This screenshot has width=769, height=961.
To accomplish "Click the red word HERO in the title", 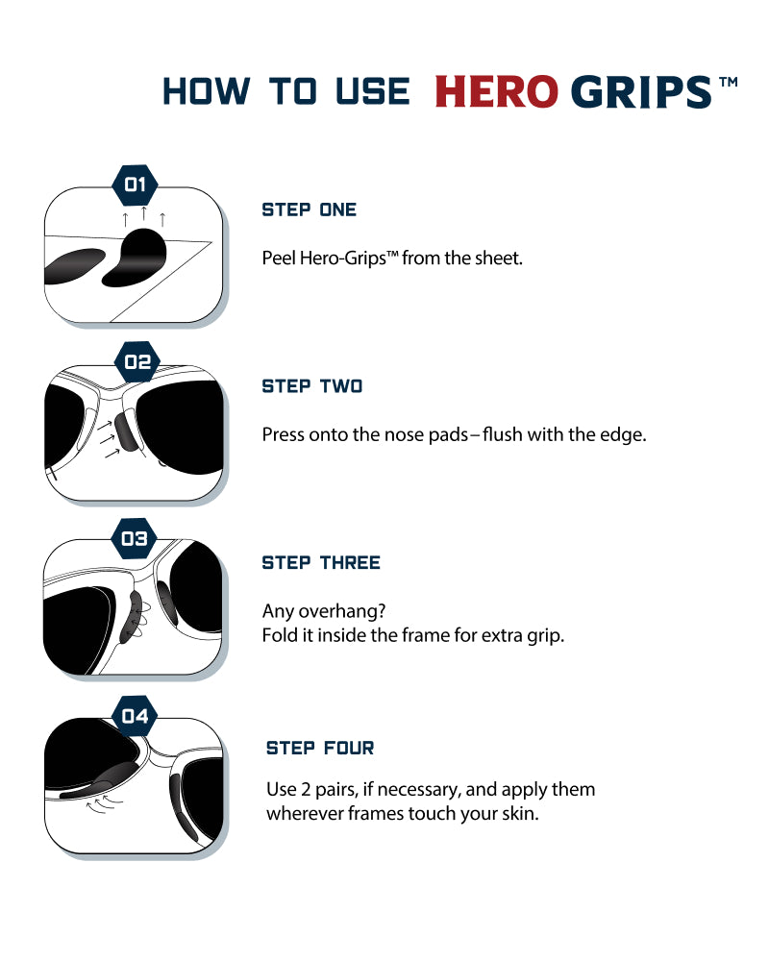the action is [496, 92].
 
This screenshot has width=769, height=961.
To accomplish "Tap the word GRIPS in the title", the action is [641, 92].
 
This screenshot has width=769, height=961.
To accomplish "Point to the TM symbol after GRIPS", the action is [728, 82].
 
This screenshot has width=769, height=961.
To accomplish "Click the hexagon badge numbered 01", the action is [135, 185].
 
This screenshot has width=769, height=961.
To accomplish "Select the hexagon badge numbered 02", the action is [137, 361].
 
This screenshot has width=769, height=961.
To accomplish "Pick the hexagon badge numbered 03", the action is [135, 539].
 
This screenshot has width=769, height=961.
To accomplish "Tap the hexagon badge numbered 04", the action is [135, 716].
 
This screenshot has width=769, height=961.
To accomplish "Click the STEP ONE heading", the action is [310, 209].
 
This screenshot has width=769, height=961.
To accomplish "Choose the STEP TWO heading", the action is [312, 386].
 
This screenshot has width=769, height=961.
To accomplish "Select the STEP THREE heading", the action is [321, 562].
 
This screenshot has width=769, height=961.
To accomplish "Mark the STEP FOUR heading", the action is [320, 748].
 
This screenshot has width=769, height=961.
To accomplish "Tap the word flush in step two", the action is [502, 434].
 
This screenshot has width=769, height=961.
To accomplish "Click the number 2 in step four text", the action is [306, 789].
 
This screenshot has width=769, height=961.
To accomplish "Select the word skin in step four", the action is [520, 814].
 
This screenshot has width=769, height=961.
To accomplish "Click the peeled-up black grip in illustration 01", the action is [135, 258].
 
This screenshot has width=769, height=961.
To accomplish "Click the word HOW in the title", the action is [207, 92].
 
